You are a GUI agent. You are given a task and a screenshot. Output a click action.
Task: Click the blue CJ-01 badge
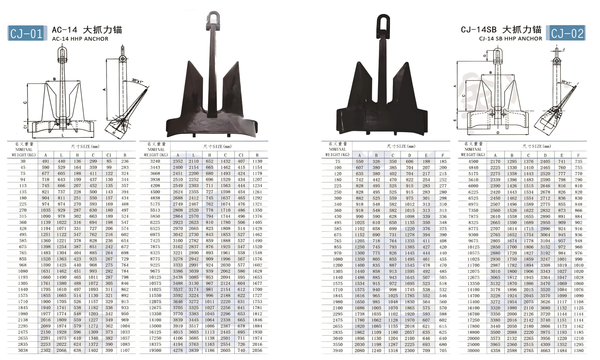(26, 33)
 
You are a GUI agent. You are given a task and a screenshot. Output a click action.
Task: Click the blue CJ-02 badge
(567, 33)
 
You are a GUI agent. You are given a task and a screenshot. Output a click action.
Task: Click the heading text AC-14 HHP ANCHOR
(80, 39)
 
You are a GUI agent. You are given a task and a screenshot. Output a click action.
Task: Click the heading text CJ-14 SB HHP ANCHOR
(510, 39)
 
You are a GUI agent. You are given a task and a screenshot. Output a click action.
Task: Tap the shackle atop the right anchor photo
(383, 23)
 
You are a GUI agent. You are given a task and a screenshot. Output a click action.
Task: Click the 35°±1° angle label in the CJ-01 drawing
(137, 80)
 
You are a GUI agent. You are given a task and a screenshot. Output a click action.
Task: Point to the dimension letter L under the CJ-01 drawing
(63, 135)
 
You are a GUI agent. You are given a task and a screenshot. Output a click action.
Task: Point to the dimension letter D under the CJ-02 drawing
(498, 133)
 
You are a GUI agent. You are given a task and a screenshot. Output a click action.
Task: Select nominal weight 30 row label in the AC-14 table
(23, 161)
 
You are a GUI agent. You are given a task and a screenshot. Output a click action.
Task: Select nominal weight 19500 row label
(155, 350)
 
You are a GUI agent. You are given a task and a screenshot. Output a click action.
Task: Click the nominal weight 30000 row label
(473, 351)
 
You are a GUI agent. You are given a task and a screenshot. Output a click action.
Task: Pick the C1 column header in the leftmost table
(109, 155)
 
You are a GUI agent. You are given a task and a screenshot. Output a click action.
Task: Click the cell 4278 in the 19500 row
(178, 350)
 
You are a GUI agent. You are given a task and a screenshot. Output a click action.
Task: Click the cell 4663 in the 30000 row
(545, 351)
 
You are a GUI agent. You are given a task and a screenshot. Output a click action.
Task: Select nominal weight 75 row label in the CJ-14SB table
(337, 161)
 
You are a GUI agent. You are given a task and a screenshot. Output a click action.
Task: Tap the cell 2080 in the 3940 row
(359, 351)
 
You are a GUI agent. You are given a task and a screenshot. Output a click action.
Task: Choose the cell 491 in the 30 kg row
(45, 161)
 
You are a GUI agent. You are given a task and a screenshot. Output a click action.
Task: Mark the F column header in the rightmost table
(578, 155)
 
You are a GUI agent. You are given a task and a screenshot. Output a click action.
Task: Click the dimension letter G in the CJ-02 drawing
(485, 56)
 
